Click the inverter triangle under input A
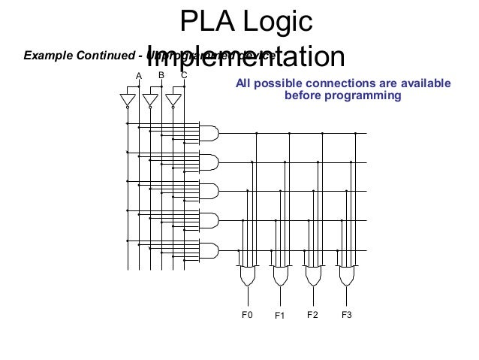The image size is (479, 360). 128,100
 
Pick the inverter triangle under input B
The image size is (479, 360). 150,100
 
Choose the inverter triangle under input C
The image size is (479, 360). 173,100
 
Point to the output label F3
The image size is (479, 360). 346,315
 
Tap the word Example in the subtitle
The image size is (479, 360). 46,55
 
